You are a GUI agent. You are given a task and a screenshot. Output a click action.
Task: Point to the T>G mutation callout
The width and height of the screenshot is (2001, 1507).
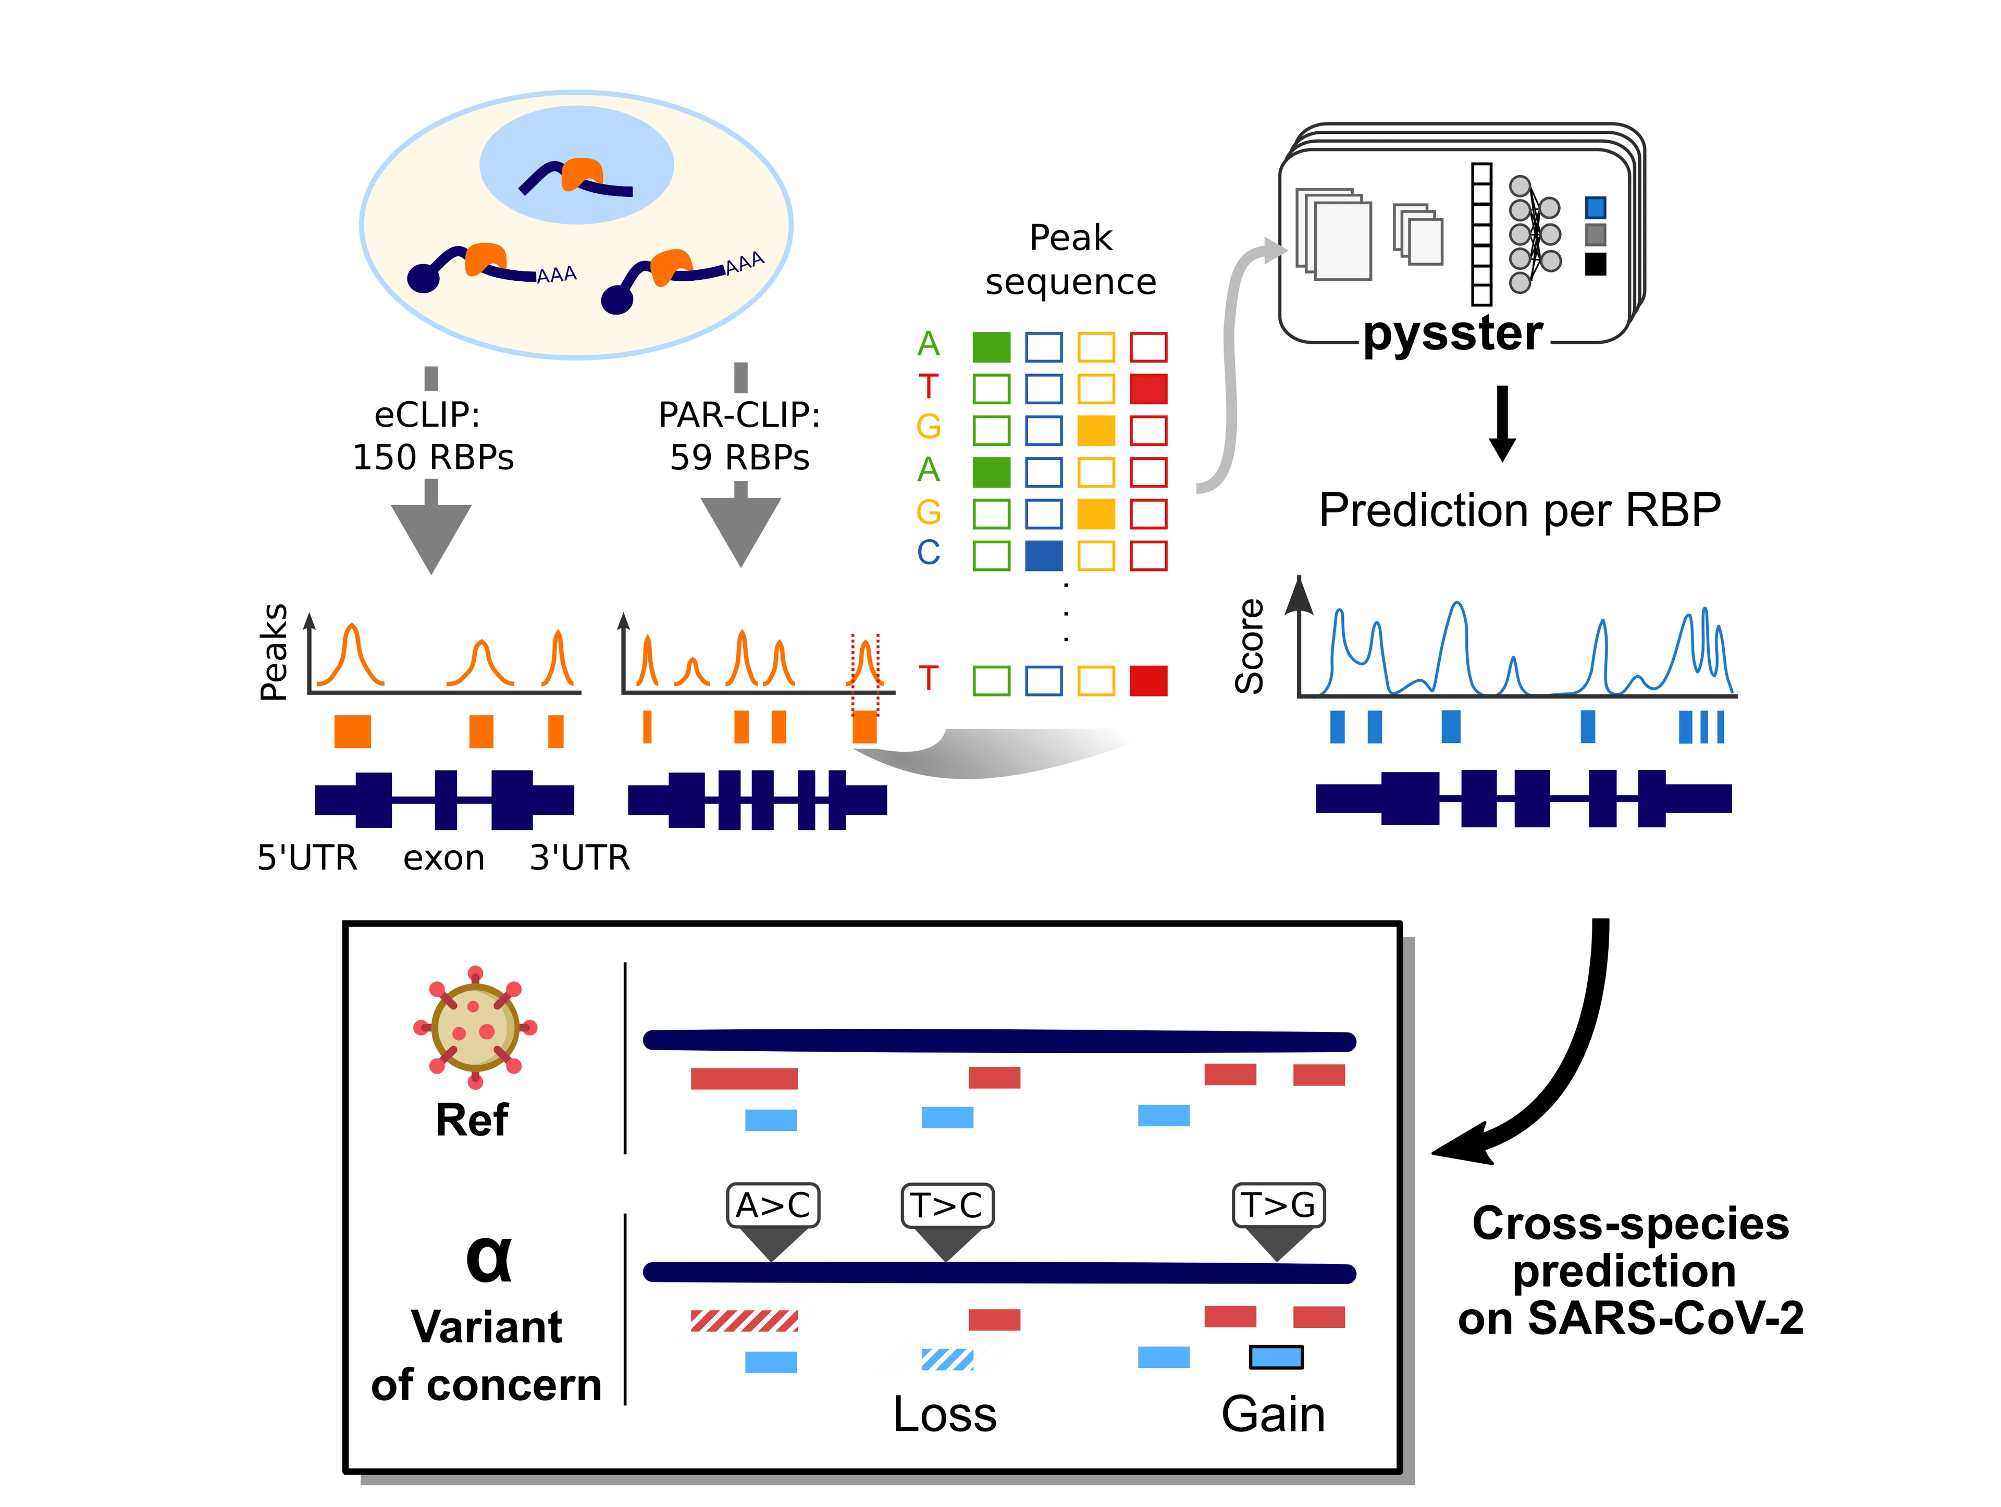1278,1205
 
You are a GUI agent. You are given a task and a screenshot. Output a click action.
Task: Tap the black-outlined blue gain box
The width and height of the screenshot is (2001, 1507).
1276,1357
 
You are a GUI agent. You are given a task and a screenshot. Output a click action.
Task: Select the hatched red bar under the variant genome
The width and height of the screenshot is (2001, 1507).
744,1321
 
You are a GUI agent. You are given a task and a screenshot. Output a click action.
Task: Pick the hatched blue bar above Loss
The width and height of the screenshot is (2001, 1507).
947,1360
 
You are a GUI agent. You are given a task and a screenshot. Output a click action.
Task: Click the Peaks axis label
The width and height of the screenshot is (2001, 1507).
273,652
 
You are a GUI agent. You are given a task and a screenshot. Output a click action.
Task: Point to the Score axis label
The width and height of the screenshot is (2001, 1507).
1249,646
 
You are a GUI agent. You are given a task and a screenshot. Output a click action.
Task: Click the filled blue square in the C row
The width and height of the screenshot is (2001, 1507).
1044,555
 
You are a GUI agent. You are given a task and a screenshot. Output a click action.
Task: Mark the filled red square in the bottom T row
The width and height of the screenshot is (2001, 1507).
1149,680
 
